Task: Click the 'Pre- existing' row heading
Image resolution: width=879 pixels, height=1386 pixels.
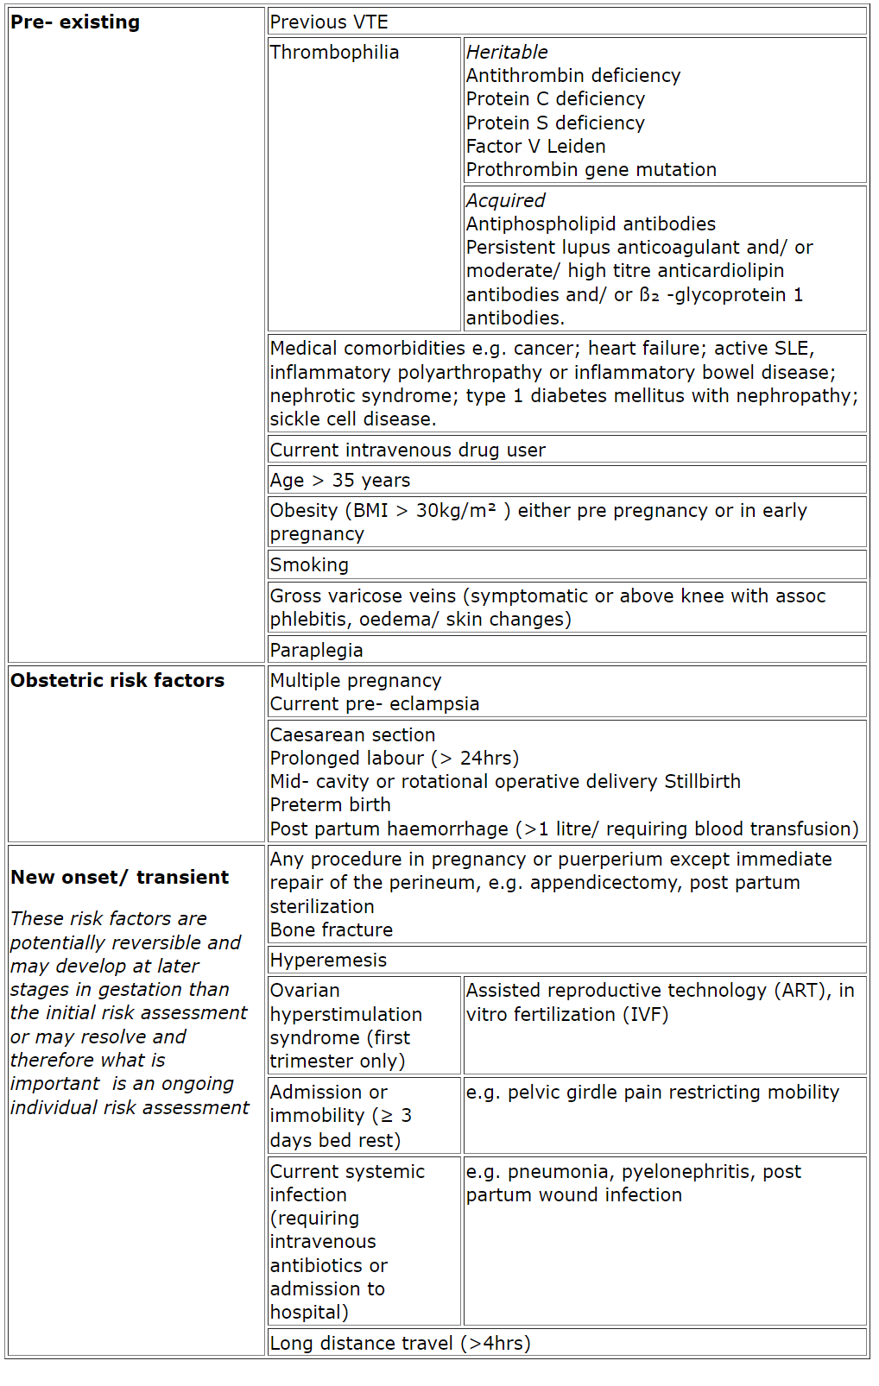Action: [x=75, y=22]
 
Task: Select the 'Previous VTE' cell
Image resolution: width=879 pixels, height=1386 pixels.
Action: [x=329, y=22]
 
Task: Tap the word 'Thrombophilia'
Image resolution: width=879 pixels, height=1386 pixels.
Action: [x=334, y=53]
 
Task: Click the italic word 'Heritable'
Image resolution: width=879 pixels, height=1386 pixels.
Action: [x=507, y=53]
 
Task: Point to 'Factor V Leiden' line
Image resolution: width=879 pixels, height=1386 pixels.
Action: [x=535, y=147]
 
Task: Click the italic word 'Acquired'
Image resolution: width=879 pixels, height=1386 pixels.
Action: [x=505, y=201]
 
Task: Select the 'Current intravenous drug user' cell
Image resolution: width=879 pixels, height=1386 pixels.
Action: [x=408, y=450]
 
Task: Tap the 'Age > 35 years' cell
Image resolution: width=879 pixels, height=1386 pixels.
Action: [x=340, y=481]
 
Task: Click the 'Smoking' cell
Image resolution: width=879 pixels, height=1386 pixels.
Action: [x=309, y=565]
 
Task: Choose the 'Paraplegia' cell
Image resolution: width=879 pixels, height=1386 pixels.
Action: [x=316, y=651]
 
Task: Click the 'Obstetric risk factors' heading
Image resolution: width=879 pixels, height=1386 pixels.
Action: [x=117, y=681]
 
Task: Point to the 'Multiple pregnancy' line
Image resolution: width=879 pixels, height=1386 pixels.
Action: [x=356, y=681]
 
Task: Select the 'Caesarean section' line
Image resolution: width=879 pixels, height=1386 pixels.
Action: [x=352, y=735]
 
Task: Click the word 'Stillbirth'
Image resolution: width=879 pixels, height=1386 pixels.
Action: [x=702, y=782]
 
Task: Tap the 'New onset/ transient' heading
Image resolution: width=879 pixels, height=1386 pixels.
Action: [x=120, y=878]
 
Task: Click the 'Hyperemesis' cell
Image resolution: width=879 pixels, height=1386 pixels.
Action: [x=328, y=961]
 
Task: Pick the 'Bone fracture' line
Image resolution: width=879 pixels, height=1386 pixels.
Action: [x=332, y=930]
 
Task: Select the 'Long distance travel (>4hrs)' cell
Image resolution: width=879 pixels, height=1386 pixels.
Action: [x=400, y=1344]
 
